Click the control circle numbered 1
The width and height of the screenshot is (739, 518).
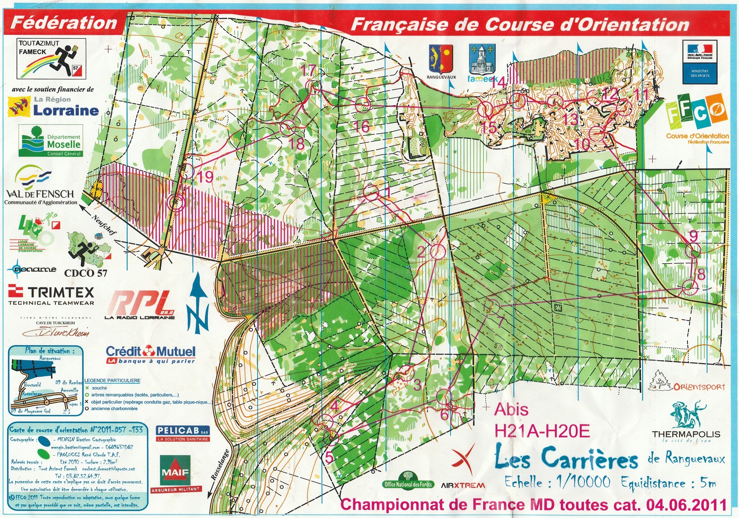tap(371, 192)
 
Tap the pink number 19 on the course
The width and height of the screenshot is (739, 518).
tap(205, 177)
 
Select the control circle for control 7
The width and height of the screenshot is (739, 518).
tap(492, 307)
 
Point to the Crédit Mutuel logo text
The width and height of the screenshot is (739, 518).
tap(151, 352)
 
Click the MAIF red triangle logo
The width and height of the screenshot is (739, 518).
tap(175, 471)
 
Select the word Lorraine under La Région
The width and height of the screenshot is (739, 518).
tap(66, 110)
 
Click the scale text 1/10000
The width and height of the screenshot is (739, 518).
tap(583, 482)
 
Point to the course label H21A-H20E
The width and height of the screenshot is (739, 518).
tap(541, 431)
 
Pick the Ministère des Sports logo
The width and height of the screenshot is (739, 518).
tap(699, 62)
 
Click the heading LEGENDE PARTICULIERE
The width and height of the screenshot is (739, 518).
tap(112, 380)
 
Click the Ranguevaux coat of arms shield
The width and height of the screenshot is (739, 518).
tap(441, 59)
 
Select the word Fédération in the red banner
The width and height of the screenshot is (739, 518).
tap(64, 23)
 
